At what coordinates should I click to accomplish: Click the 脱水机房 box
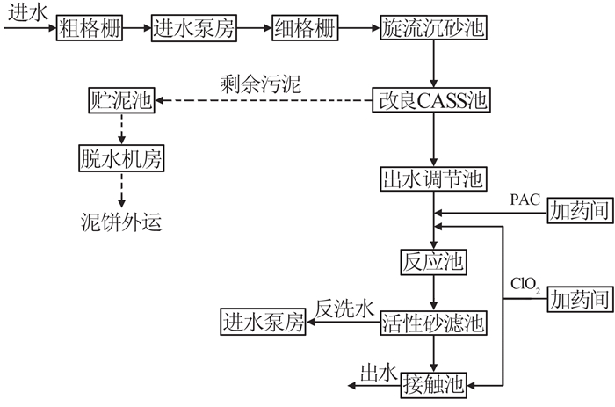122,160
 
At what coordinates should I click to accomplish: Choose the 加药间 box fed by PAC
578,211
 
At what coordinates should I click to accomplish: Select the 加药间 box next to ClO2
578,300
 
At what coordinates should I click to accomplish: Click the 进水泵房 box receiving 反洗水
263,323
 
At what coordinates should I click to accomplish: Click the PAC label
526,200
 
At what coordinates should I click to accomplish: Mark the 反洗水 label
345,308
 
